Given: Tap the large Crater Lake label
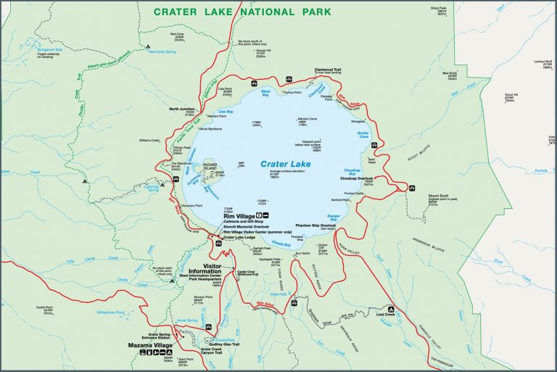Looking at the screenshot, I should [286, 165].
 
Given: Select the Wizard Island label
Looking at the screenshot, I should [210, 166].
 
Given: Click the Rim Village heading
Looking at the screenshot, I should [239, 216].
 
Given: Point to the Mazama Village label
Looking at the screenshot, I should [152, 346].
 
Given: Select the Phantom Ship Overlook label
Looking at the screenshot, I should [316, 225].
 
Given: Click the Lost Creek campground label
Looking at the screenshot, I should [406, 313].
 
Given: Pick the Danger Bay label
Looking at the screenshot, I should [334, 216].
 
